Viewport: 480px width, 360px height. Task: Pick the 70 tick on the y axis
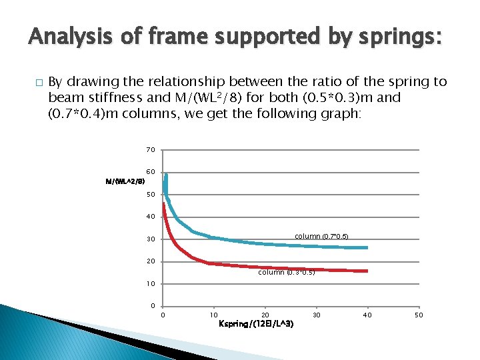pos(151,149)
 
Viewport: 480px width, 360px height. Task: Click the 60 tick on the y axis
pos(151,172)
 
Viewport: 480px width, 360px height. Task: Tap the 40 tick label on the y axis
pos(151,217)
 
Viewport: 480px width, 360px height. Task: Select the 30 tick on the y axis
pos(151,239)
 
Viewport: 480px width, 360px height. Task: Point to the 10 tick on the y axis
pos(151,284)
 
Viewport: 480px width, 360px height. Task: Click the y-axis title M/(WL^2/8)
pos(125,181)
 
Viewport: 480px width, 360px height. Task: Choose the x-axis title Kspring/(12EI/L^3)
pos(255,324)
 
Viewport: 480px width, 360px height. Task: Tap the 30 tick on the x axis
pos(317,315)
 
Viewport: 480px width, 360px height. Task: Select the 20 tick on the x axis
pos(265,315)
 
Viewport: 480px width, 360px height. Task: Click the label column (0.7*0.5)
pos(321,237)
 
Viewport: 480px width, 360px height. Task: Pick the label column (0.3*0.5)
pos(286,272)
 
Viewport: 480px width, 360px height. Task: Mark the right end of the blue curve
pos(367,248)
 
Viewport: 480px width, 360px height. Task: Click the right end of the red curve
pos(367,271)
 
